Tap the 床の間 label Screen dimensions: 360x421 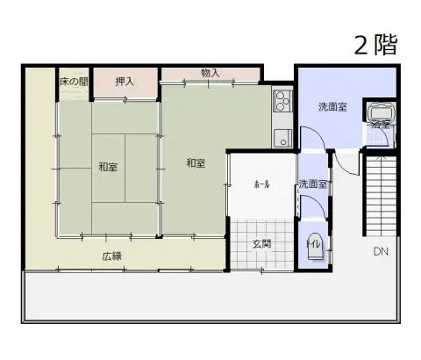[74, 82]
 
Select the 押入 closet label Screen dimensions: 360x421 [125, 82]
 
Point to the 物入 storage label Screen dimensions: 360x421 [210, 74]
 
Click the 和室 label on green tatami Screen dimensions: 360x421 [109, 167]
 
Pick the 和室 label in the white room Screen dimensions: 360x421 [196, 162]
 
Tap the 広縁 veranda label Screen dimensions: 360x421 [111, 256]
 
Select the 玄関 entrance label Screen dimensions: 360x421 [261, 243]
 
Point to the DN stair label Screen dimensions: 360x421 [380, 252]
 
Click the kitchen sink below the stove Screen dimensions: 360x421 [282, 137]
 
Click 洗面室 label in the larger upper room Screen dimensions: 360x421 [332, 107]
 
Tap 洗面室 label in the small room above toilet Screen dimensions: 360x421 [312, 184]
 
